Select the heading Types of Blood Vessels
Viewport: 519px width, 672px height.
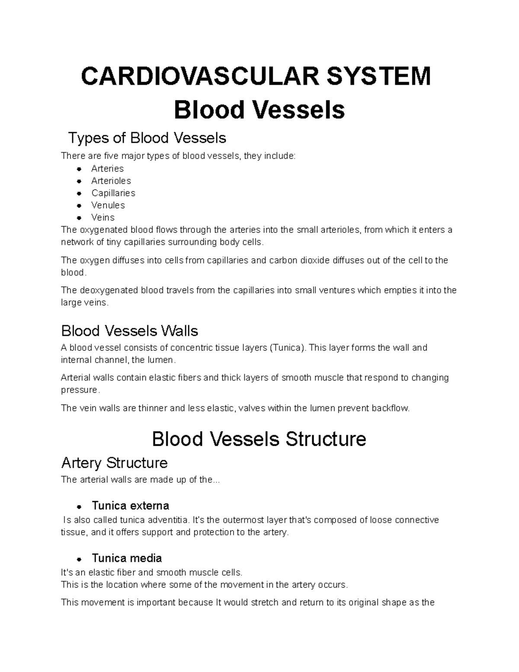147,138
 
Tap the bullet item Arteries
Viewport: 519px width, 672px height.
107,169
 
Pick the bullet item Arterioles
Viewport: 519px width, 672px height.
111,181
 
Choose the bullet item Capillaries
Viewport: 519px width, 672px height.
113,193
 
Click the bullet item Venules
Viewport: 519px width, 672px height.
108,205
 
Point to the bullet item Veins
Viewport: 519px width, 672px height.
103,217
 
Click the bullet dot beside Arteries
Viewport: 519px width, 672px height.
79,169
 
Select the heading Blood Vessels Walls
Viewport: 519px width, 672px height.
129,331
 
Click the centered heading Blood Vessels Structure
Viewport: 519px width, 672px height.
259,439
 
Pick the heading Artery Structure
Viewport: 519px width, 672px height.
114,463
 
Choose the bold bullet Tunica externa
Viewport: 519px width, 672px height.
130,506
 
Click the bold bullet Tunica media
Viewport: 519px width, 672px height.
127,558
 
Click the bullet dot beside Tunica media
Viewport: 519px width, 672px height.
79,559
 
